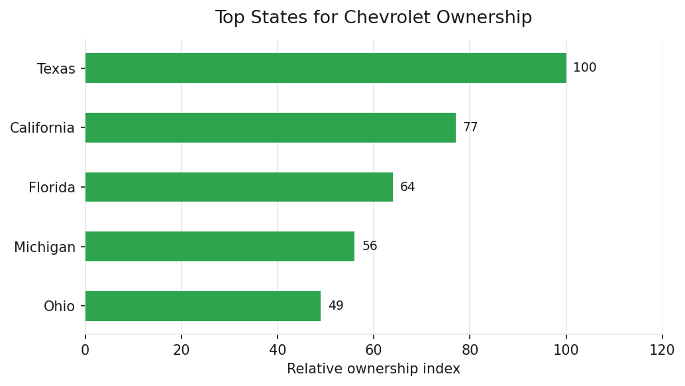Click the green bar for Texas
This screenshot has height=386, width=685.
click(325, 68)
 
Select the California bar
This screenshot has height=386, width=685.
click(270, 127)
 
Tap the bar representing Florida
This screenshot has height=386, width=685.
click(238, 187)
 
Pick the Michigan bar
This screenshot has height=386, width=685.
click(219, 247)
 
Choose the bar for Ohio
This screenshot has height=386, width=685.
click(203, 306)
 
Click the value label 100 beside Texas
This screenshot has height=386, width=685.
click(584, 68)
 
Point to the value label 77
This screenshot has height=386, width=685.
click(470, 127)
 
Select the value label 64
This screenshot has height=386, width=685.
click(407, 187)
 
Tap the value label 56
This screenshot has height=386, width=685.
click(370, 247)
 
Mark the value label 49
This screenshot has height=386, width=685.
click(336, 306)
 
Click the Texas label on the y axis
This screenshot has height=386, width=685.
click(56, 69)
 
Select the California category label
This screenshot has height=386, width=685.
click(42, 128)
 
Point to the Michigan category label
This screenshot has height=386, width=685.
click(45, 247)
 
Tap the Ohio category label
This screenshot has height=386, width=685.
click(60, 307)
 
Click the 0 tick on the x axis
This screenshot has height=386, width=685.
click(85, 350)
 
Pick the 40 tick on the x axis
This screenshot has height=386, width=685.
click(278, 350)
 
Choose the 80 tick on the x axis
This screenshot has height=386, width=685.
click(470, 350)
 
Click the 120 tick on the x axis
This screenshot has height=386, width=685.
click(662, 350)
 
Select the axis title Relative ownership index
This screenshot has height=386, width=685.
click(373, 369)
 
